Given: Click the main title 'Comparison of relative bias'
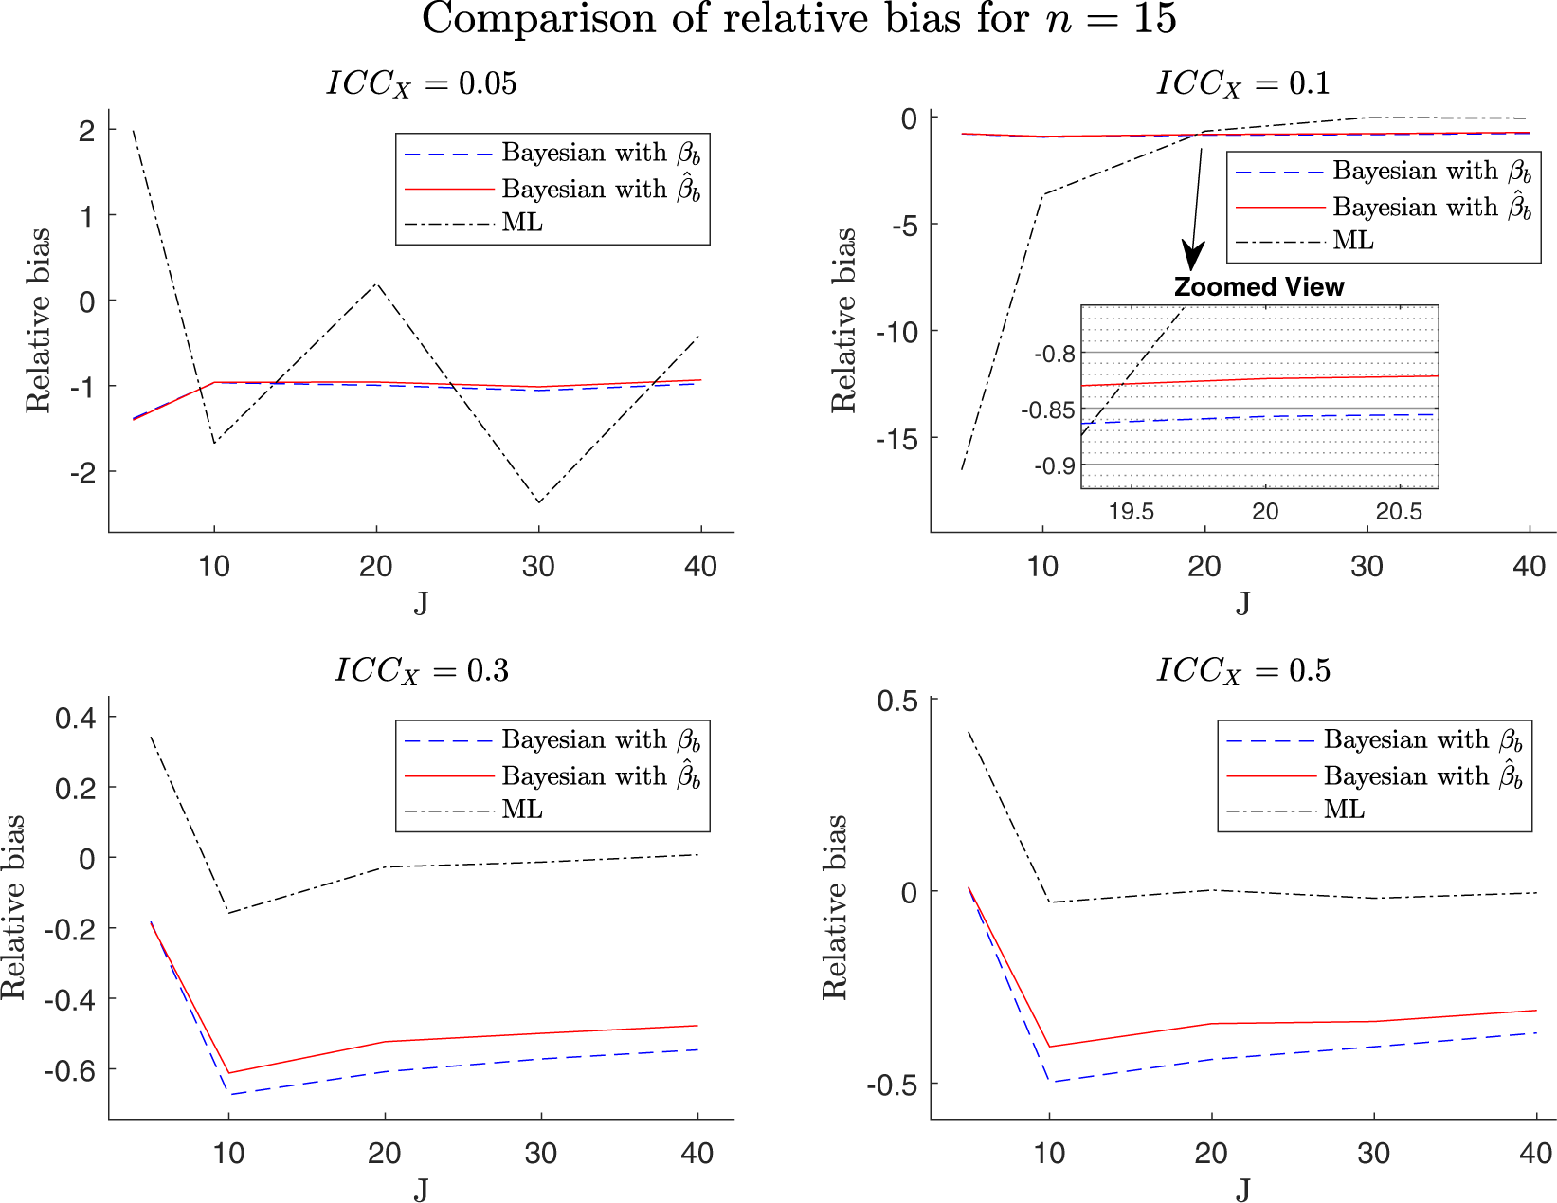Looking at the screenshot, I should [799, 20].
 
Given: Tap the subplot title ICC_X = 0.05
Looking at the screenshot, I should [422, 83].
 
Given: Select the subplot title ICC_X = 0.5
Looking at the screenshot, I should [1243, 671].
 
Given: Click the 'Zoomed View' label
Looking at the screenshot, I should [1258, 287].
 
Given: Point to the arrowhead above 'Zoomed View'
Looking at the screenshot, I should [1193, 257].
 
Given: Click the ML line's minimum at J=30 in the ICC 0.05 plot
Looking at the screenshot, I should [539, 502].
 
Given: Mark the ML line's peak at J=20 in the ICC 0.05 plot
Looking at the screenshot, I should [377, 283].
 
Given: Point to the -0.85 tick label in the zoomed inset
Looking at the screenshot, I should [1047, 410].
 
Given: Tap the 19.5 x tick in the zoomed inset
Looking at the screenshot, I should [1131, 512].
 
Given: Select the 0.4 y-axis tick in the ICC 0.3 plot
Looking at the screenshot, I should [76, 718].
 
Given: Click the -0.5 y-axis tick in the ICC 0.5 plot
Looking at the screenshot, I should [891, 1085].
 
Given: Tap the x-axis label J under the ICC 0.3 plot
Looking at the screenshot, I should [421, 1188].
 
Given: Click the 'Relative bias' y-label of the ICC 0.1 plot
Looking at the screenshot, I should [843, 320].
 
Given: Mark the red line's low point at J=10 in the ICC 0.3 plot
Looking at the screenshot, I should [228, 1073].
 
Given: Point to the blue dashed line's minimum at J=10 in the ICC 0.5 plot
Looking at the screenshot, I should [1049, 1082].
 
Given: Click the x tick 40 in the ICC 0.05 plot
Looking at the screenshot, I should [700, 567].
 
